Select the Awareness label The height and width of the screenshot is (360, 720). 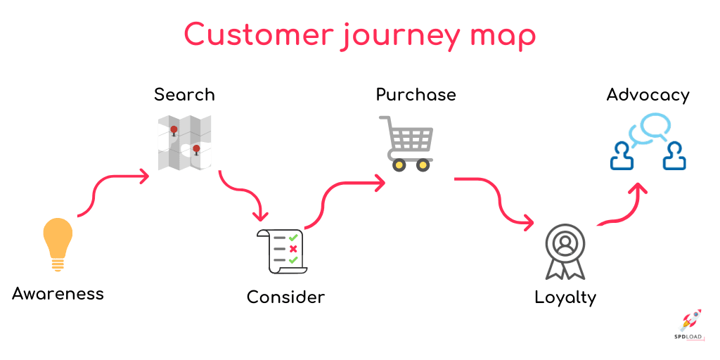(58, 293)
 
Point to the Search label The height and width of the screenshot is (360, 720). (184, 94)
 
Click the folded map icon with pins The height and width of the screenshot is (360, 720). (184, 143)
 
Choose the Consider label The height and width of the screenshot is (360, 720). (285, 297)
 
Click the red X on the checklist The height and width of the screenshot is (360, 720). (293, 249)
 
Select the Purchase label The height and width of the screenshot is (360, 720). (416, 94)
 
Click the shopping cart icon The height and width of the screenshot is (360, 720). (406, 143)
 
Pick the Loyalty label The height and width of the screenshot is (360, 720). (565, 297)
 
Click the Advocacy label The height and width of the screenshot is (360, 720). (648, 94)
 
